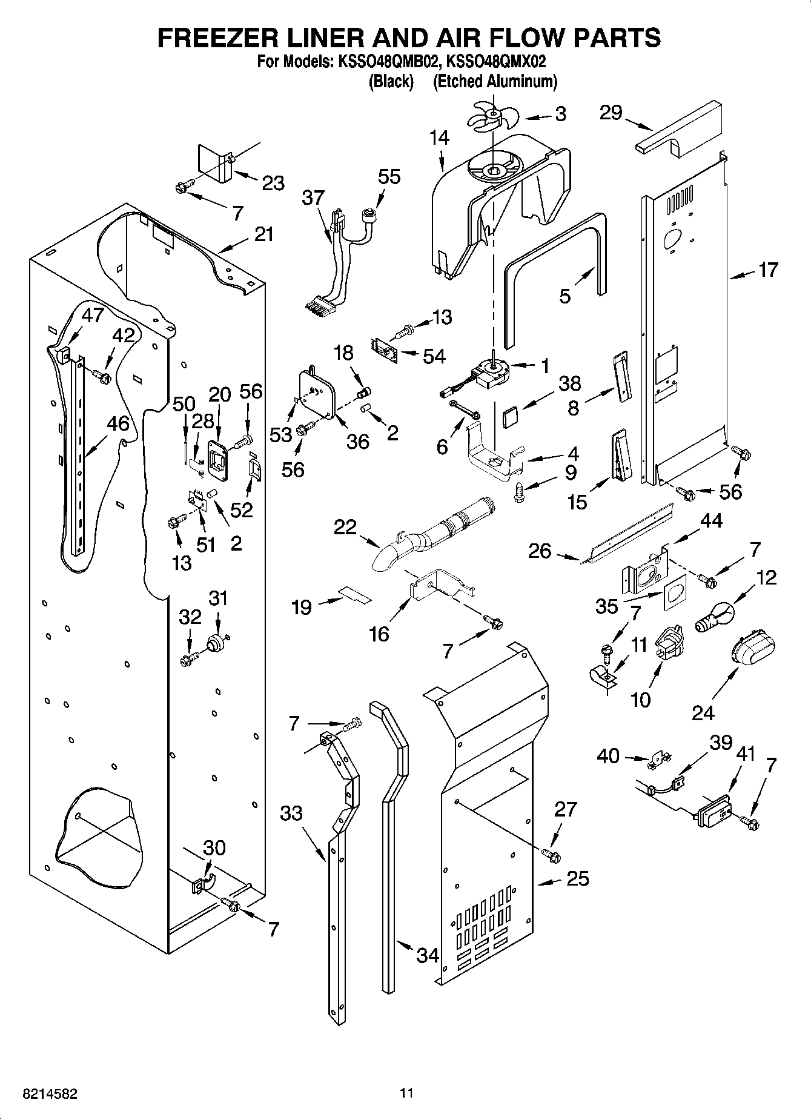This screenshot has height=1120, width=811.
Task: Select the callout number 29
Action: (611, 113)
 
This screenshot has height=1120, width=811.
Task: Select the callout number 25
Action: (577, 878)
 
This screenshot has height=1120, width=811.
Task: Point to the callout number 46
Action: (118, 423)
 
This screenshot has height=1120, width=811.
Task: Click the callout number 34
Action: (428, 955)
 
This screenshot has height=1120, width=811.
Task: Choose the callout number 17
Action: (767, 270)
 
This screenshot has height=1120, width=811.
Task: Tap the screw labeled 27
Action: (552, 855)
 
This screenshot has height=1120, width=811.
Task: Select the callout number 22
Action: (345, 527)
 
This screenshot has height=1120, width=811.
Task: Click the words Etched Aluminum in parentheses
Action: (495, 82)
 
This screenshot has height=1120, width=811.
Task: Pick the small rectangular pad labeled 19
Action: (354, 594)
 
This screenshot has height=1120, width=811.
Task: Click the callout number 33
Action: (291, 812)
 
